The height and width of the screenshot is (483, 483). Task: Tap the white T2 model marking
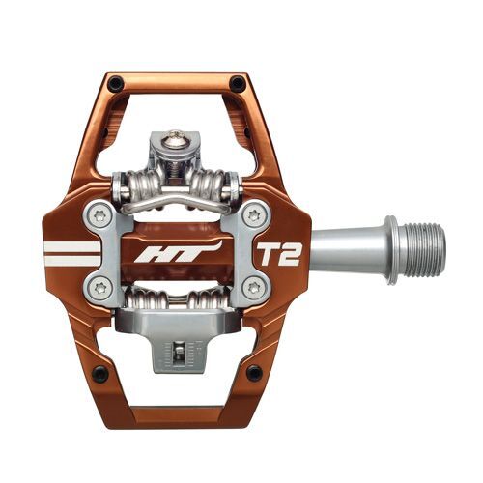pos(276,253)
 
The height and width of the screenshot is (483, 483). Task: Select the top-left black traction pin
pos(116,84)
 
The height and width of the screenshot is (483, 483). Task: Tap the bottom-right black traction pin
pos(253,373)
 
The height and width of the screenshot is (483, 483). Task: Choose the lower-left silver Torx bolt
pos(101,286)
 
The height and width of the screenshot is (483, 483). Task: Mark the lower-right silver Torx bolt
pos(253,286)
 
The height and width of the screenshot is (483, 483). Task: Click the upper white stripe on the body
pos(71,245)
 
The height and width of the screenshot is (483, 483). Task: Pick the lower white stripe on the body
pos(71,260)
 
